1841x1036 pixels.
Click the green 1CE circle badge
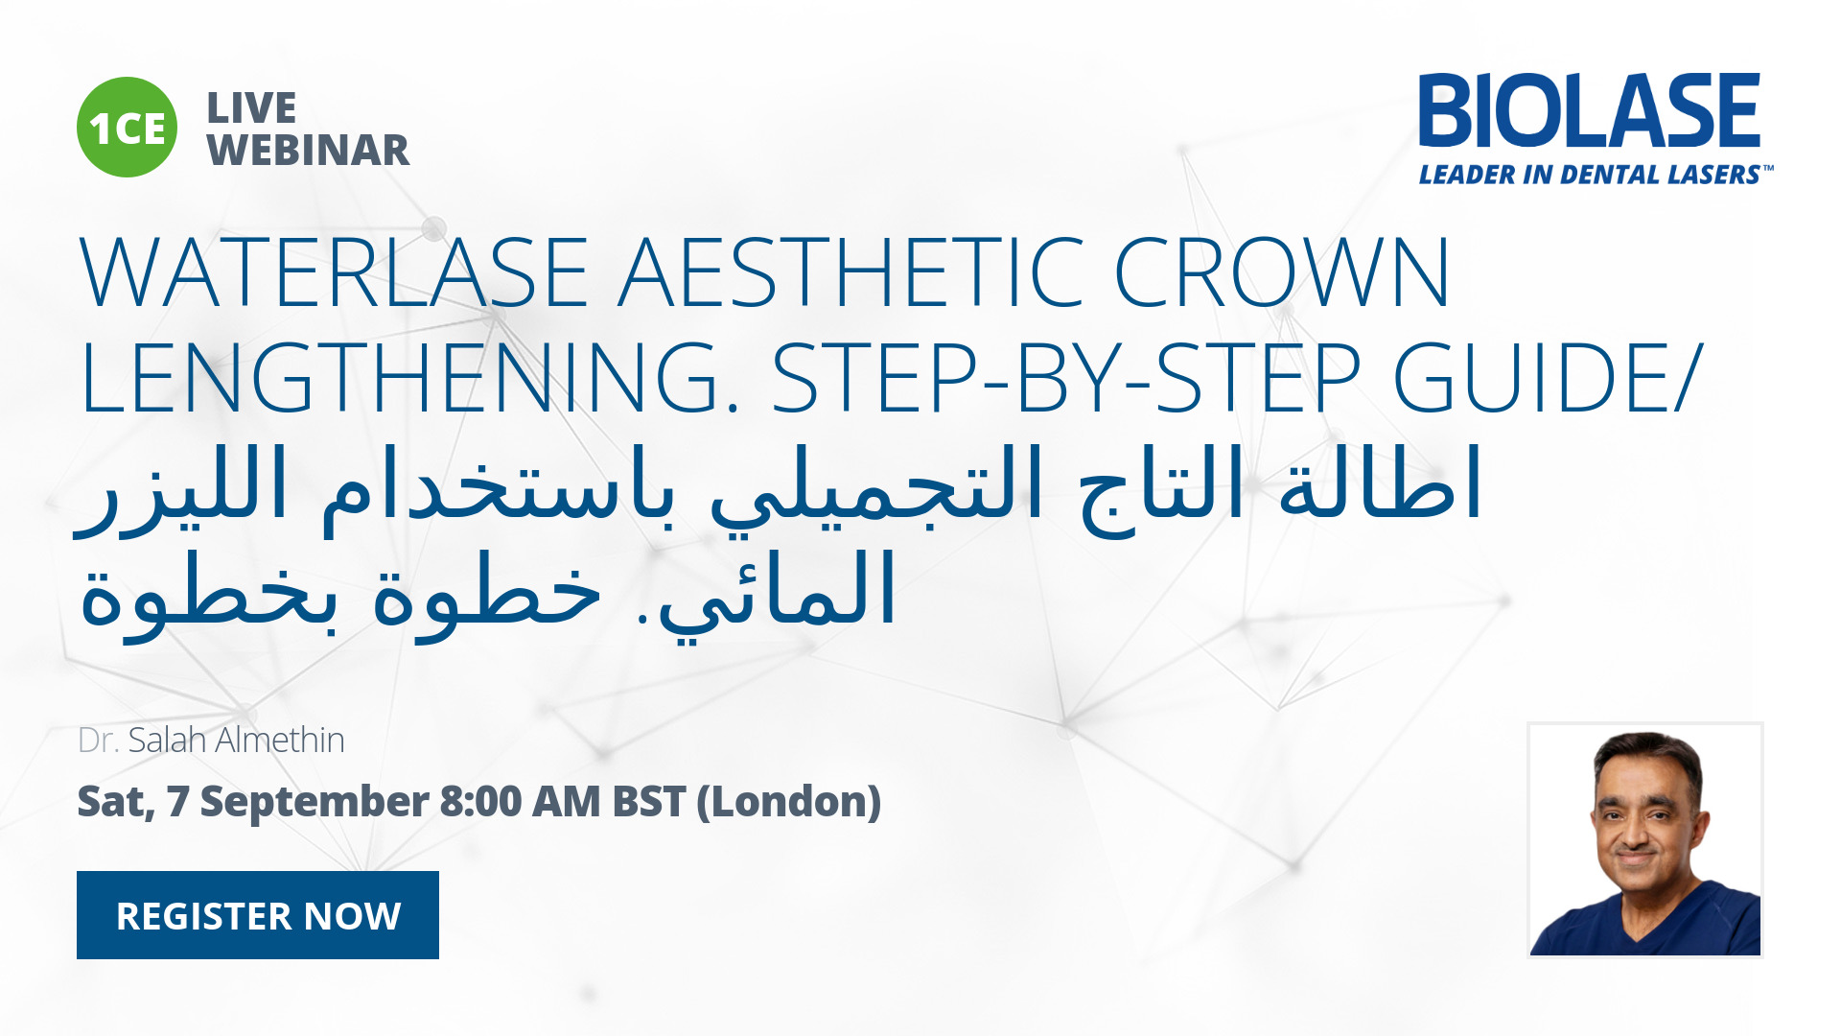(x=127, y=127)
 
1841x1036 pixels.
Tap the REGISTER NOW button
(x=258, y=915)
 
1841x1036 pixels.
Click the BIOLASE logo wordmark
(x=1590, y=110)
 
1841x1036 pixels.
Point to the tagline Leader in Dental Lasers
(x=1596, y=175)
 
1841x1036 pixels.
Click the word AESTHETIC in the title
(x=851, y=272)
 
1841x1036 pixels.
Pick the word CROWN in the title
(x=1282, y=272)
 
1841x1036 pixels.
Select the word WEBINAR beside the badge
(x=309, y=151)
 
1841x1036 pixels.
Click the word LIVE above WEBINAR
(x=252, y=108)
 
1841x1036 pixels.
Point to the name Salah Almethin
(x=236, y=740)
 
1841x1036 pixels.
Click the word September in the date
(x=315, y=802)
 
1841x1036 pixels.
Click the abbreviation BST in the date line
(x=649, y=801)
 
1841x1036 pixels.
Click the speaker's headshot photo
(x=1645, y=840)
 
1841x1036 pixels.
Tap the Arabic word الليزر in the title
(x=182, y=489)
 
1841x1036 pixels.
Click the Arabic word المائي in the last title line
(x=777, y=595)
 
